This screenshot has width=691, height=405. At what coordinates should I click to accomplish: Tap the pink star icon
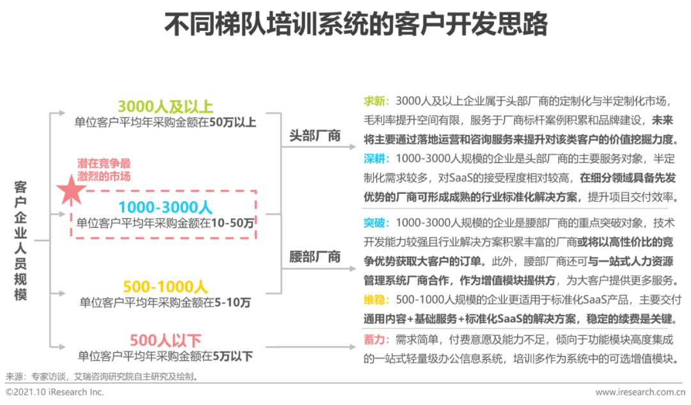71,189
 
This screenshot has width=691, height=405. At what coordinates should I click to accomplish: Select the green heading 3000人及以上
165,106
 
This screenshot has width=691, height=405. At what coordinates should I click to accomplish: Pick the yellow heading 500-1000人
165,286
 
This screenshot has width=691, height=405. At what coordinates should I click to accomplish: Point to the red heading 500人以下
165,340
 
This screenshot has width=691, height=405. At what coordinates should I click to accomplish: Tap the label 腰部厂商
315,257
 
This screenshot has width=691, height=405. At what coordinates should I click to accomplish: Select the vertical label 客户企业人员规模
20,240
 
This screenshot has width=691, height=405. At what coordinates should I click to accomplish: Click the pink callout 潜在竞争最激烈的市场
104,169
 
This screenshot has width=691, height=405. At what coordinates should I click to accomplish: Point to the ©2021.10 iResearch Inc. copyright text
54,392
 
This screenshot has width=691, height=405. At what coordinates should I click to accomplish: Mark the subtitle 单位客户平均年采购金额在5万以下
165,356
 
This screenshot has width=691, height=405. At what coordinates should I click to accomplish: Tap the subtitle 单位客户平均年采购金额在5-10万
165,302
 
